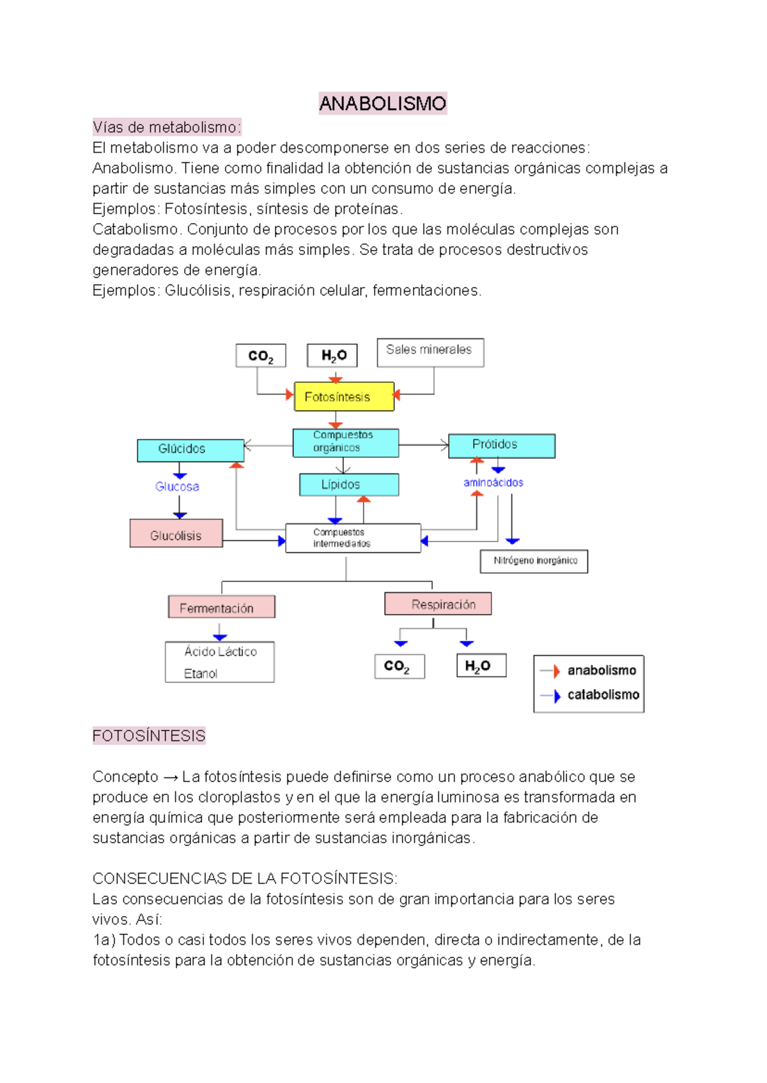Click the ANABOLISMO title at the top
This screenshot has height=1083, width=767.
click(x=382, y=104)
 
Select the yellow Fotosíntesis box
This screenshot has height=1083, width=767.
click(x=344, y=397)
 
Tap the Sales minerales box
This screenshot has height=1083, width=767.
click(x=430, y=352)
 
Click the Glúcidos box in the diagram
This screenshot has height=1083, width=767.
click(x=190, y=449)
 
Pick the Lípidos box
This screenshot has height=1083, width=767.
click(x=348, y=485)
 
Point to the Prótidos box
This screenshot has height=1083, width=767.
click(x=501, y=445)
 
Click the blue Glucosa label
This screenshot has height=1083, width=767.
click(x=177, y=487)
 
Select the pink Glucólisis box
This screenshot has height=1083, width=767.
click(x=176, y=534)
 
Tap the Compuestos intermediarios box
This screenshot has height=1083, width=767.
click(x=352, y=538)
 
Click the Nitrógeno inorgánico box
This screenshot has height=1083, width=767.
click(x=534, y=561)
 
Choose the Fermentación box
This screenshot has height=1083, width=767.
click(x=221, y=607)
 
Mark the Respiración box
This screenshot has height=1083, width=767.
click(x=438, y=604)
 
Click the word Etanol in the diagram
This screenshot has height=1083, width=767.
click(x=200, y=674)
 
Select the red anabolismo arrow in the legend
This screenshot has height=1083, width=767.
click(x=550, y=671)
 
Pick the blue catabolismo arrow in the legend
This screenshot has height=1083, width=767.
click(x=550, y=696)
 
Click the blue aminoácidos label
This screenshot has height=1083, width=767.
click(x=493, y=483)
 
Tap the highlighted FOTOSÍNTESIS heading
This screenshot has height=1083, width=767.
click(x=148, y=736)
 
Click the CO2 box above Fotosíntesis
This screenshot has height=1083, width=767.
click(x=261, y=356)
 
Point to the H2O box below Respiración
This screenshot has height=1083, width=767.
click(x=481, y=666)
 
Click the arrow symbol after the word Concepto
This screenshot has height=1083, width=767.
click(x=170, y=777)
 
